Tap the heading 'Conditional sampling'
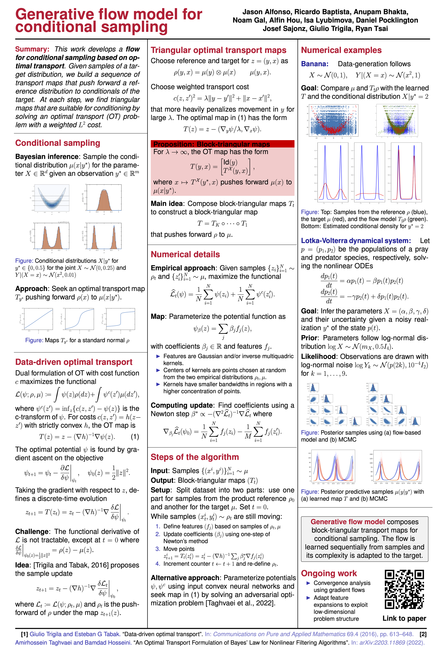click(58, 143)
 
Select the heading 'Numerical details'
click(185, 254)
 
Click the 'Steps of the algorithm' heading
click(195, 457)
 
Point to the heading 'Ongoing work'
click(329, 573)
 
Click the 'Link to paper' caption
click(404, 618)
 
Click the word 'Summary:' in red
click(32, 49)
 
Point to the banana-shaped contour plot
click(52, 198)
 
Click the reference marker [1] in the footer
click(25, 634)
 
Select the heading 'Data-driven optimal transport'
click(74, 362)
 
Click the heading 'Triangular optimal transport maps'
click(218, 50)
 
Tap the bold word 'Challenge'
click(32, 532)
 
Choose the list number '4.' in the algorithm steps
click(158, 564)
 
